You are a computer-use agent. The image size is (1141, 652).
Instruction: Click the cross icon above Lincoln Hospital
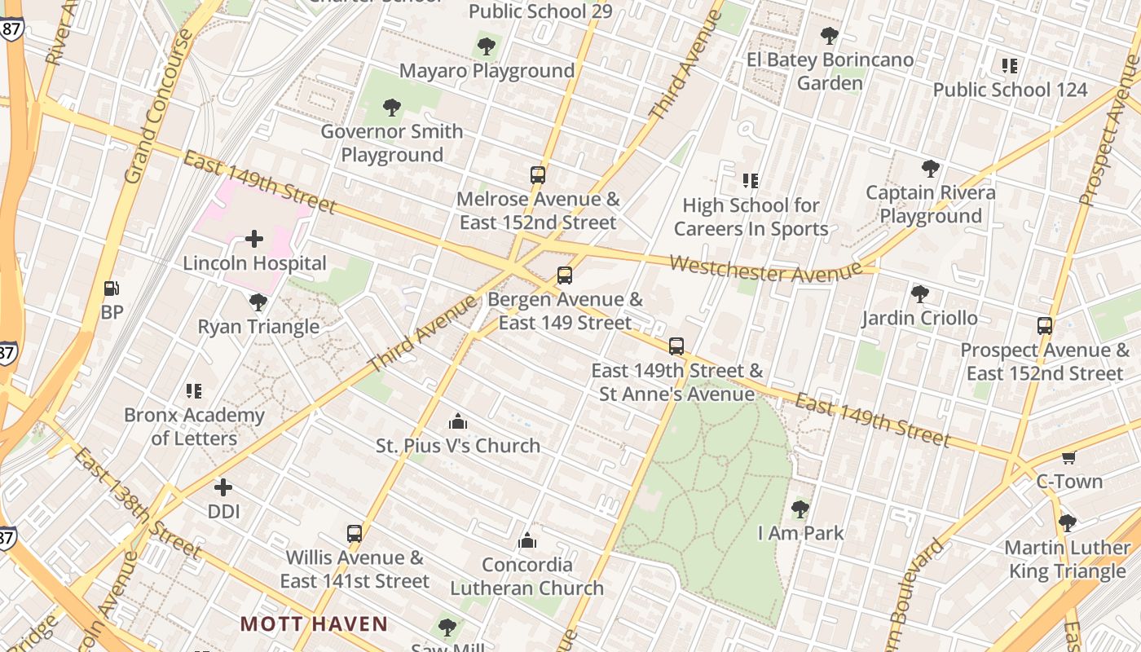click(x=254, y=239)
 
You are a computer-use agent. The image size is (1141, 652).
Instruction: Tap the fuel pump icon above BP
click(x=112, y=288)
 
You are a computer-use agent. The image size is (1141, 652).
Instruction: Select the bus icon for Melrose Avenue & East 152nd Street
click(x=537, y=175)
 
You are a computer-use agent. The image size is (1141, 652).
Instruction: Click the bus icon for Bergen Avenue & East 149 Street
click(x=564, y=275)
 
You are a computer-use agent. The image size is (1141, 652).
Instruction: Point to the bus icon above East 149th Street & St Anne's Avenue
click(x=676, y=346)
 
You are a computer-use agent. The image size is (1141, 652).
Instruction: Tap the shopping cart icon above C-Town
click(x=1068, y=457)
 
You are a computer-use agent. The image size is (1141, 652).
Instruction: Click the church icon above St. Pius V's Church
click(x=458, y=421)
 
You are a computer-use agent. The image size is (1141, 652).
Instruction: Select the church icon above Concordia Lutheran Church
click(x=527, y=540)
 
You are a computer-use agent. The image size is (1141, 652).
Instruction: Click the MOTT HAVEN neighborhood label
click(x=314, y=624)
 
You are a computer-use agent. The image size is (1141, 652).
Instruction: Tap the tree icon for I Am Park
click(x=800, y=509)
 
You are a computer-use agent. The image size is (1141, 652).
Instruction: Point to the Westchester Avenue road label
click(x=765, y=268)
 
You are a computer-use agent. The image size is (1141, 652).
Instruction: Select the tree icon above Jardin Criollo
click(x=920, y=293)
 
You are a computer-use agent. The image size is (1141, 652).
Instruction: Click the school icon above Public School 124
click(x=1010, y=66)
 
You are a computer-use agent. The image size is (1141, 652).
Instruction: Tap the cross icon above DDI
click(x=222, y=487)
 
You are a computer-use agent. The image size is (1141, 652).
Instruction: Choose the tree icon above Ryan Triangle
click(x=258, y=302)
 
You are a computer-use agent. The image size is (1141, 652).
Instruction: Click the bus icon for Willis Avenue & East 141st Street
click(x=354, y=534)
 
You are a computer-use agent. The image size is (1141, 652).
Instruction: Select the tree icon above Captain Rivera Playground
click(x=930, y=169)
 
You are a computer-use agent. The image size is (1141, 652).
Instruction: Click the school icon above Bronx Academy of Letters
click(x=193, y=391)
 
